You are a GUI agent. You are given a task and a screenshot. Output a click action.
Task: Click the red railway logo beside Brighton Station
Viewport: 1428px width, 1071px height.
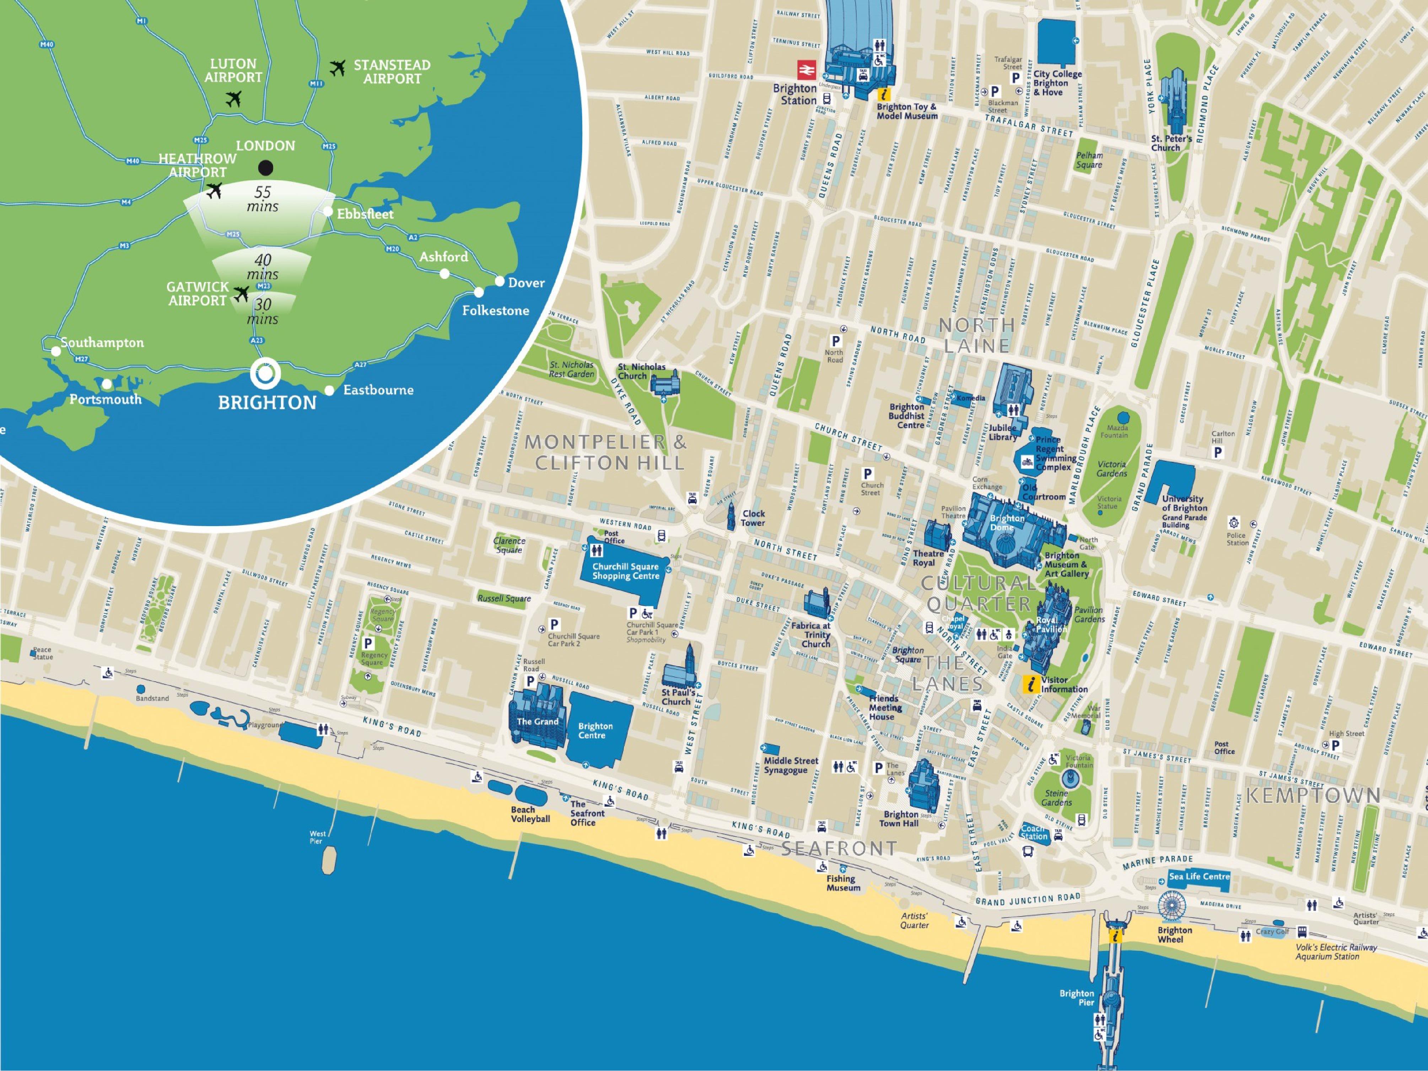806,69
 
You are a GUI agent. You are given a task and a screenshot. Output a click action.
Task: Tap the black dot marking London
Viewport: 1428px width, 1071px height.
265,168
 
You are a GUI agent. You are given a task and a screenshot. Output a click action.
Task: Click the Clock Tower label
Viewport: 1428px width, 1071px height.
753,518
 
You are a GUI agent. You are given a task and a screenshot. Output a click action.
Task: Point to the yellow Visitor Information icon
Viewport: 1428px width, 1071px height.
1031,684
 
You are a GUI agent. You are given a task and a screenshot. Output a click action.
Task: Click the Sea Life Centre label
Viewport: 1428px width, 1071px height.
1199,876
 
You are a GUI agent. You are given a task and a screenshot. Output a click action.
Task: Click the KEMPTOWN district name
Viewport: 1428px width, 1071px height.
1313,795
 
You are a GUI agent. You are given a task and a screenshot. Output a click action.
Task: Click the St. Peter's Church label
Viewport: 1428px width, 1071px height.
1171,143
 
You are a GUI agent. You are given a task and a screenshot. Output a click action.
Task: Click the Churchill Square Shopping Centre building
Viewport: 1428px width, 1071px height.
625,571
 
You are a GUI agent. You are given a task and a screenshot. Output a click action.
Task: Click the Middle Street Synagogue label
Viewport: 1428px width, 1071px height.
790,765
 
